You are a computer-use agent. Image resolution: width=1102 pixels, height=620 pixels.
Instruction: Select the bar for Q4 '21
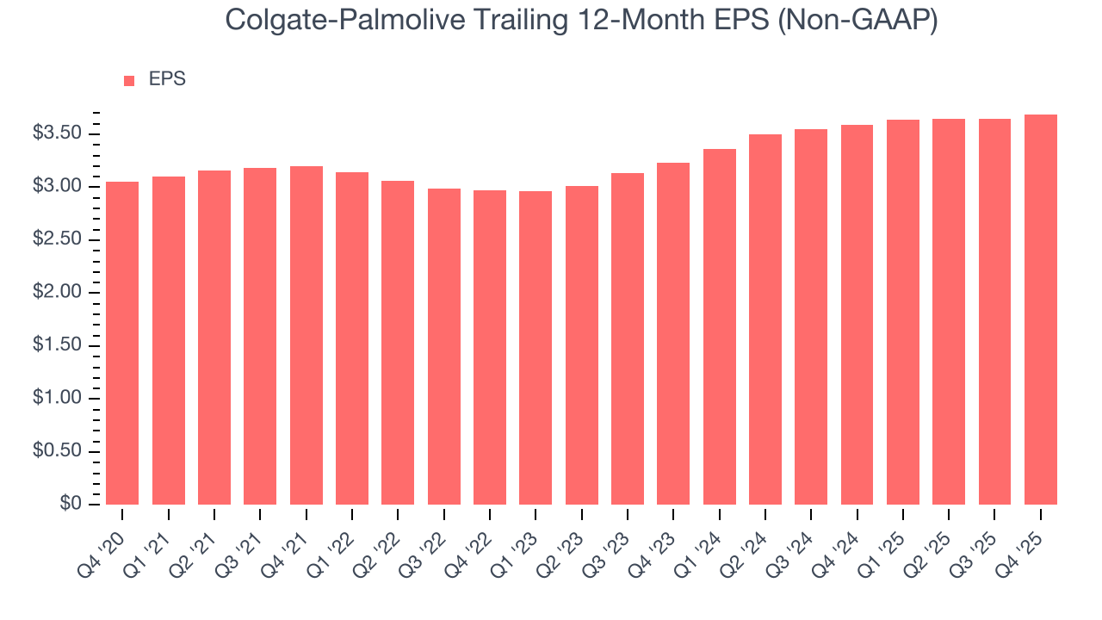(306, 335)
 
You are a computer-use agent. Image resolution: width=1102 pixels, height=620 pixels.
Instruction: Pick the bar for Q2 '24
(765, 319)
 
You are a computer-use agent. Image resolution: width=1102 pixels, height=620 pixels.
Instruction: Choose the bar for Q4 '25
(1041, 309)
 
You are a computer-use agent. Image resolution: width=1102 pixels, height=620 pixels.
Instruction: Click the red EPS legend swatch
(129, 80)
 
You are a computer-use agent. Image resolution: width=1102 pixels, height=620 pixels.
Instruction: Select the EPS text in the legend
(167, 79)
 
